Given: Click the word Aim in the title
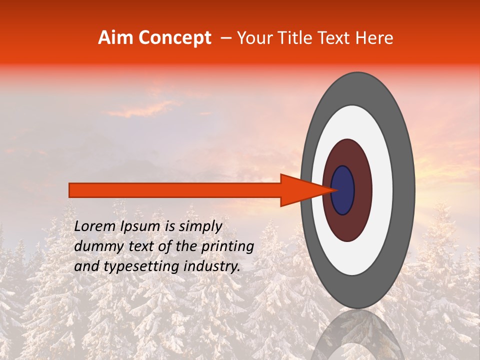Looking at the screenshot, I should (116, 38).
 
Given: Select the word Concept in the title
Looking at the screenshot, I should (174, 38).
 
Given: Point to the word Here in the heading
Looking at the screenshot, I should (374, 38).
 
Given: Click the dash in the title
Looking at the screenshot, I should (225, 38).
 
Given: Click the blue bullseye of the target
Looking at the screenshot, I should (343, 190).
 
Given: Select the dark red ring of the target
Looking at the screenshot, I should (362, 190).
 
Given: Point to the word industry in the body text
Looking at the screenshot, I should (213, 266).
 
